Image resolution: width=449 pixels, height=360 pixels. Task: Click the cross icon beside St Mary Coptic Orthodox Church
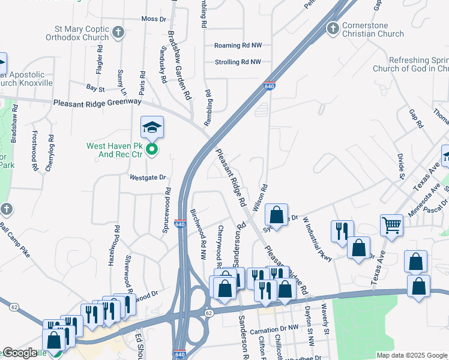pyautogui.click(x=118, y=32)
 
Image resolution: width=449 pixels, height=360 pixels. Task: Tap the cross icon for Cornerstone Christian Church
pyautogui.click(x=333, y=28)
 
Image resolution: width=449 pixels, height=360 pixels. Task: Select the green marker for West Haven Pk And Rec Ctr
pyautogui.click(x=152, y=149)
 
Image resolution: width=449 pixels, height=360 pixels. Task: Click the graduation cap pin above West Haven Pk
pyautogui.click(x=152, y=127)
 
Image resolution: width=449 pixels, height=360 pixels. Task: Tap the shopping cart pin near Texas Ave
pyautogui.click(x=391, y=226)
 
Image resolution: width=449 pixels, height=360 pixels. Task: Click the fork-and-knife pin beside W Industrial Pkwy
pyautogui.click(x=342, y=230)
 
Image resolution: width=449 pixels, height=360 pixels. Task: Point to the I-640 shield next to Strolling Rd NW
pyautogui.click(x=270, y=87)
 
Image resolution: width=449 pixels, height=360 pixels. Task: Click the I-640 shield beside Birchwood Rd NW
pyautogui.click(x=180, y=223)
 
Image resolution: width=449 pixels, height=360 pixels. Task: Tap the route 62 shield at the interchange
pyautogui.click(x=209, y=313)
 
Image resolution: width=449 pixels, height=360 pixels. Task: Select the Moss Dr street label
pyautogui.click(x=154, y=19)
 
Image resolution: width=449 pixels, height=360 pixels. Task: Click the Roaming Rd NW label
pyautogui.click(x=238, y=46)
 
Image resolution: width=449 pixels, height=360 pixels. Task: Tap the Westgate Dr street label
pyautogui.click(x=146, y=178)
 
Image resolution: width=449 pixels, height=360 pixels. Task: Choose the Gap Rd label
pyautogui.click(x=416, y=118)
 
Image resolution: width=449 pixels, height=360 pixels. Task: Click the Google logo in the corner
pyautogui.click(x=20, y=353)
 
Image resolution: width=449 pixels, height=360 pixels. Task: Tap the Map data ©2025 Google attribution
pyautogui.click(x=411, y=355)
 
